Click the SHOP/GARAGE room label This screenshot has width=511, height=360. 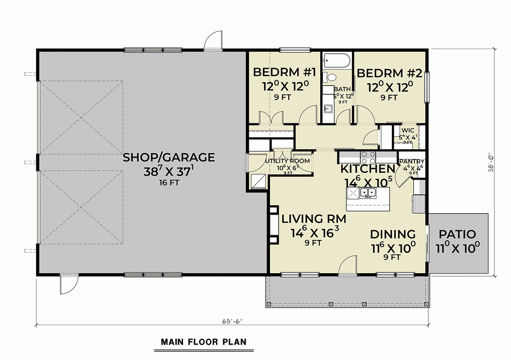coord(169,157)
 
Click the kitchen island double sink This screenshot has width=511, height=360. coord(367,194)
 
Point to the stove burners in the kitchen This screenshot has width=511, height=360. coord(368,158)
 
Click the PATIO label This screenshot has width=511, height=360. coord(456,234)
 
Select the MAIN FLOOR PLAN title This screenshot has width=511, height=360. coord(204,342)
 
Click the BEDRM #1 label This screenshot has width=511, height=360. coord(284,72)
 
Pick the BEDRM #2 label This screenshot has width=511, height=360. coord(389,73)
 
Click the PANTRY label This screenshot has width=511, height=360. coord(412,161)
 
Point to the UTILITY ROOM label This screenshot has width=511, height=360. coord(287,161)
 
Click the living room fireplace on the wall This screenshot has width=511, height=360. coord(273,226)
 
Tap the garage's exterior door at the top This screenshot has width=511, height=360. coord(212,41)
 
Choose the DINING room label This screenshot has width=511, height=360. coord(392,234)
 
